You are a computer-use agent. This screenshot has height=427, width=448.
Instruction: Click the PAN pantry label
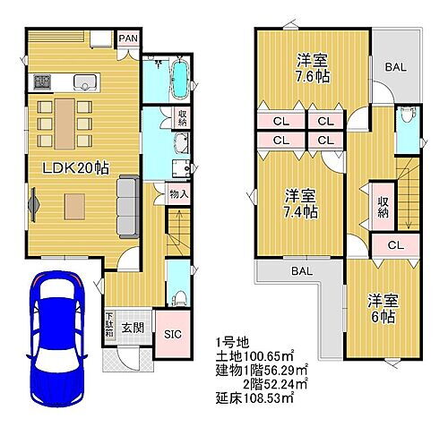(129, 38)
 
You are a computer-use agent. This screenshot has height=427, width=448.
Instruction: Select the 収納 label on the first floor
(181, 115)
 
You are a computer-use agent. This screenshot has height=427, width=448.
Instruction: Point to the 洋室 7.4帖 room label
(302, 203)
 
